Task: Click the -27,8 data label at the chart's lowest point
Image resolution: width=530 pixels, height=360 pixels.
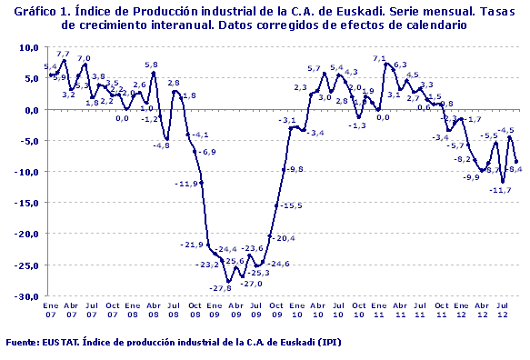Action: tap(220, 289)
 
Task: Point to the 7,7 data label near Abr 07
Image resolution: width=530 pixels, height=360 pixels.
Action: tap(63, 55)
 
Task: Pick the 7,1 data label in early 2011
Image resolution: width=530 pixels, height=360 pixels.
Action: tap(379, 59)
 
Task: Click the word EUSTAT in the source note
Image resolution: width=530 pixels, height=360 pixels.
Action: tap(61, 343)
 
